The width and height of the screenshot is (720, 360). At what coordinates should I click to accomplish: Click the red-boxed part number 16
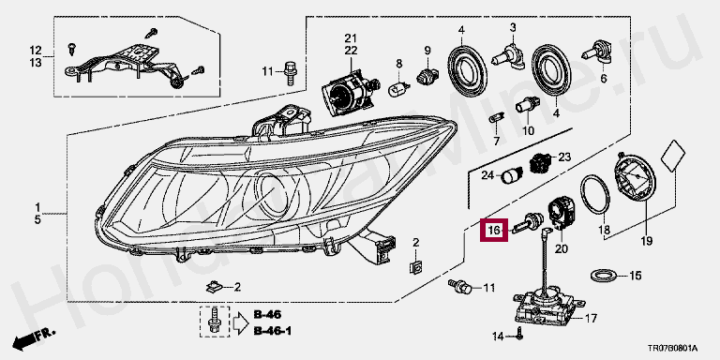click(x=494, y=230)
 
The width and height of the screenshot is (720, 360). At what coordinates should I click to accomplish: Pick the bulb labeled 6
click(x=596, y=52)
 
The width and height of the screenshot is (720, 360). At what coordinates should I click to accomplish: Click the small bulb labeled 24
click(x=510, y=175)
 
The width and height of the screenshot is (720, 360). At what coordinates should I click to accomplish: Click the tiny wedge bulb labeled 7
click(x=496, y=117)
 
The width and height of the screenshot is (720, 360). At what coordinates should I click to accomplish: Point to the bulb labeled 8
click(x=397, y=89)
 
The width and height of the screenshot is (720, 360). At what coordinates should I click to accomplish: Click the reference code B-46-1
click(x=273, y=331)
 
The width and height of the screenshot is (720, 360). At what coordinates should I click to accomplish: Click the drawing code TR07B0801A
click(x=673, y=349)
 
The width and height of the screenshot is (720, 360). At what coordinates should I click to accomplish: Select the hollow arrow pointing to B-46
click(x=240, y=322)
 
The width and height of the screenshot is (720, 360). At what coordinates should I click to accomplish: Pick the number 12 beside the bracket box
click(x=36, y=50)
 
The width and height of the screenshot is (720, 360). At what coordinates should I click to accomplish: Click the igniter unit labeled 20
click(x=562, y=211)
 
